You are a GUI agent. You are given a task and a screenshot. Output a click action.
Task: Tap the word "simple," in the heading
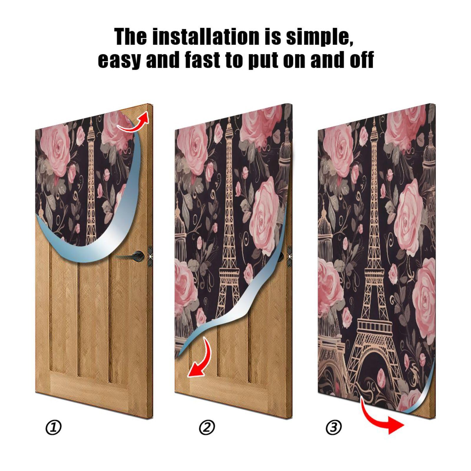point(319,37)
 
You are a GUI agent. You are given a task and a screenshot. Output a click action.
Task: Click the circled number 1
point(54,427)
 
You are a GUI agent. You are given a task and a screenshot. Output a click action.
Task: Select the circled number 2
point(207,427)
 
